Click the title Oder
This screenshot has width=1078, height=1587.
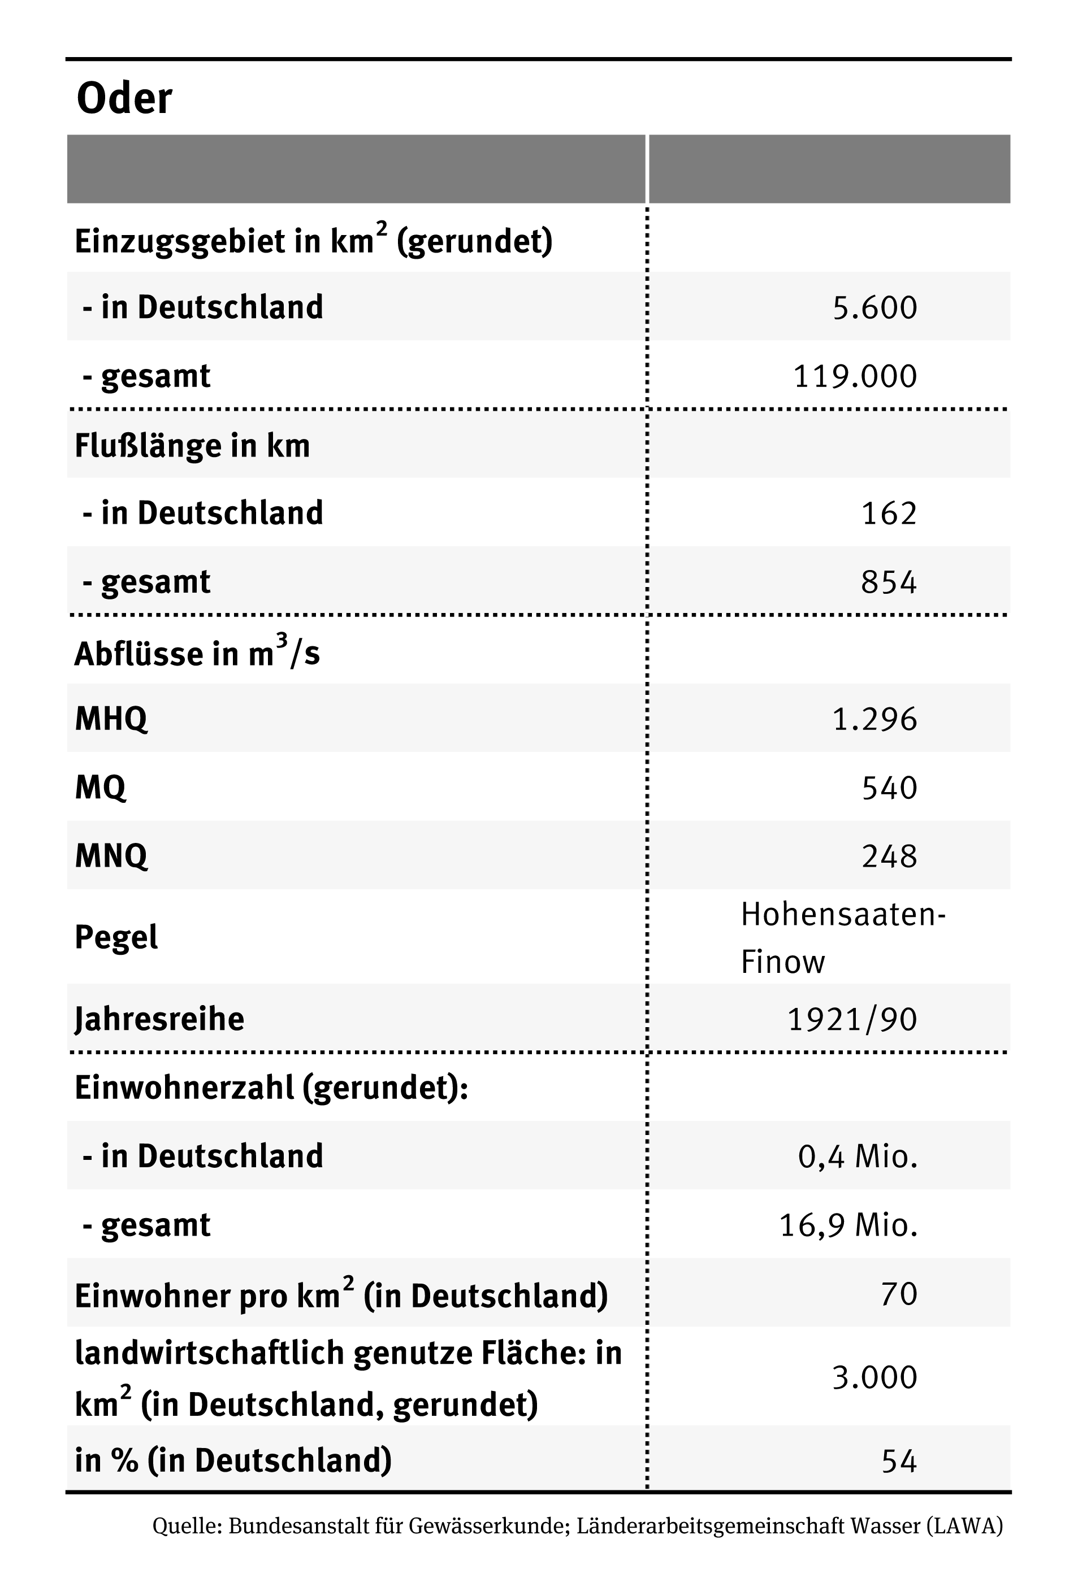pos(124,99)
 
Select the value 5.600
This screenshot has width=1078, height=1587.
pos(874,307)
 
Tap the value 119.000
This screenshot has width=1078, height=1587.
pos(855,376)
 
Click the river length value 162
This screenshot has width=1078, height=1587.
pos(888,513)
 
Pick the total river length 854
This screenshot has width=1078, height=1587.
pos(888,582)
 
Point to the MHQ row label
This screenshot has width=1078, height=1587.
pos(111,719)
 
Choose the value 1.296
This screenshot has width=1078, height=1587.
pos(874,719)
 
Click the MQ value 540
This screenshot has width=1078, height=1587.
pos(888,788)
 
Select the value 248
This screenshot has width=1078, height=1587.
pos(888,856)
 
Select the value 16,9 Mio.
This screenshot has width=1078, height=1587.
pos(848,1225)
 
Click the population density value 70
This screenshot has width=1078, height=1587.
pos(898,1294)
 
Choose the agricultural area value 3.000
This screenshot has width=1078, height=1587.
pos(874,1377)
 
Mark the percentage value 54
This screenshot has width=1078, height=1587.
pos(898,1460)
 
